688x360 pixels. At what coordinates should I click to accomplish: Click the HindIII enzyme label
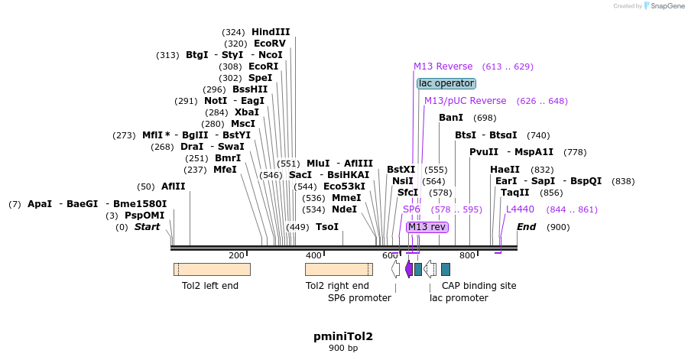pyautogui.click(x=271, y=32)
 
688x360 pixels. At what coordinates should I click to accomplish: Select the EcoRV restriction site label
pyautogui.click(x=271, y=44)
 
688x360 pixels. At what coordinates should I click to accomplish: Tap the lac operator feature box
pyautogui.click(x=446, y=83)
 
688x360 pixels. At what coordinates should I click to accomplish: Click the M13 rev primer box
pyautogui.click(x=427, y=227)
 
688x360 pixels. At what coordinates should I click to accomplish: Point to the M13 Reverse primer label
pyautogui.click(x=443, y=66)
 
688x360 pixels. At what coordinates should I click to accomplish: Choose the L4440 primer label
pyautogui.click(x=520, y=209)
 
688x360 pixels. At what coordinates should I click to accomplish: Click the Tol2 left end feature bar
pyautogui.click(x=212, y=269)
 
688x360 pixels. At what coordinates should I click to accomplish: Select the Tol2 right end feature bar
pyautogui.click(x=339, y=269)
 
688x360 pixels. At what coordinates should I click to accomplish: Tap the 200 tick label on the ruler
pyautogui.click(x=236, y=255)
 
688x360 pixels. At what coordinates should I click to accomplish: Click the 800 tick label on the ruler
pyautogui.click(x=466, y=255)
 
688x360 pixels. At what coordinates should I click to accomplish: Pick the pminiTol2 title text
pyautogui.click(x=343, y=336)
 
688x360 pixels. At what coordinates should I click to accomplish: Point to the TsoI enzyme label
pyautogui.click(x=327, y=227)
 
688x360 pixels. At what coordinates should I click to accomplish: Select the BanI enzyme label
pyautogui.click(x=451, y=118)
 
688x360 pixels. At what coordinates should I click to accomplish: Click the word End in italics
pyautogui.click(x=527, y=227)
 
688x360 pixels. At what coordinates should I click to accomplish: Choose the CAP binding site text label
pyautogui.click(x=479, y=286)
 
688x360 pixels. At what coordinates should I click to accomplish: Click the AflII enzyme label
pyautogui.click(x=173, y=186)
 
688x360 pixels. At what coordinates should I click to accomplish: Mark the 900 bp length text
pyautogui.click(x=343, y=349)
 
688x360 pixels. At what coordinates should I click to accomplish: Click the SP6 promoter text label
pyautogui.click(x=360, y=298)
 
